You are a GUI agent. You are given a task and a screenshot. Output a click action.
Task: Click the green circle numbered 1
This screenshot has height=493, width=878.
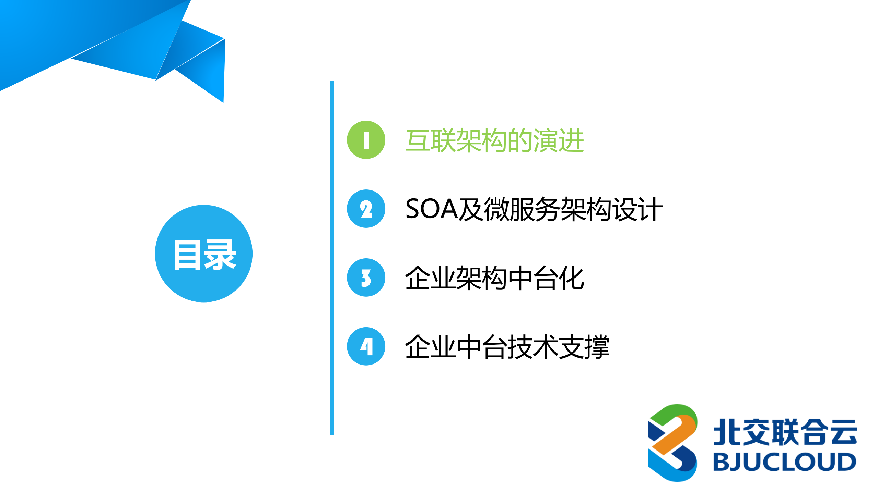366,140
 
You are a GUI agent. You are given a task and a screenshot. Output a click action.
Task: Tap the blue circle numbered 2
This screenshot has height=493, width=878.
366,209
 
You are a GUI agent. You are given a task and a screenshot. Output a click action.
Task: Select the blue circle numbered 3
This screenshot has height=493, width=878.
366,278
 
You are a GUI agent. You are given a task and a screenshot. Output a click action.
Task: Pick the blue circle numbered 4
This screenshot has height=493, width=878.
366,346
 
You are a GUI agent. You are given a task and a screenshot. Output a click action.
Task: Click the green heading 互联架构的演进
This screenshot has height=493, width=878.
494,140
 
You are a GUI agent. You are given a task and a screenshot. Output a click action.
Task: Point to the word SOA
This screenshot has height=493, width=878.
431,209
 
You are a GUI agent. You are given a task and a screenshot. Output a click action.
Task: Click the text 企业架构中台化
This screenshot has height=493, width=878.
494,278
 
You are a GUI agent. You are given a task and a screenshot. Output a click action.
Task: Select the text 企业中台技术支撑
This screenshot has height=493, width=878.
507,347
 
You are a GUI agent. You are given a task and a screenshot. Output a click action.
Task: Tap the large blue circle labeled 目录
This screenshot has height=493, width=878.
204,254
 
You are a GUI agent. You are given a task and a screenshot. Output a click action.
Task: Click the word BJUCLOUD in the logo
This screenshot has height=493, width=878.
785,462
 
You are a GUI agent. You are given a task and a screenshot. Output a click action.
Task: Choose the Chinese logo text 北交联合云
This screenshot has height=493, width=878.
785,432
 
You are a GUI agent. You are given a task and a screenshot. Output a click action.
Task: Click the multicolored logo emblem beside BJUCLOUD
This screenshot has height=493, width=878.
672,443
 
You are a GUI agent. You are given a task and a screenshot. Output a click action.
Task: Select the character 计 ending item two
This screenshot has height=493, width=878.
650,209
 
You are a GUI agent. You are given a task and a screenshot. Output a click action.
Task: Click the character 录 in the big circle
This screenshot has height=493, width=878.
220,255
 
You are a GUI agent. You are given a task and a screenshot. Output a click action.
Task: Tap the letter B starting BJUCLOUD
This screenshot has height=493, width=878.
721,462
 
